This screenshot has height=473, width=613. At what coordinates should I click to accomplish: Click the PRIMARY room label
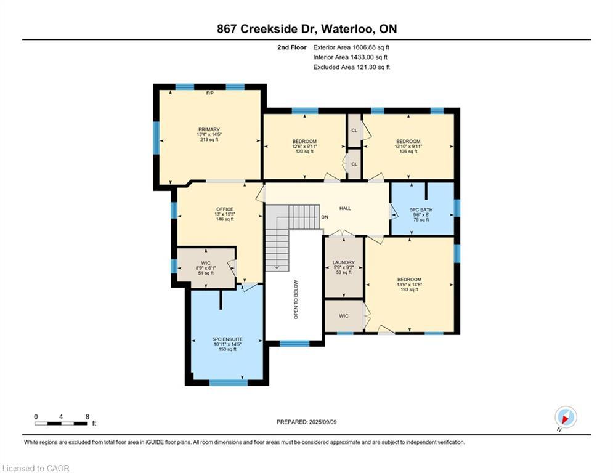[209, 129]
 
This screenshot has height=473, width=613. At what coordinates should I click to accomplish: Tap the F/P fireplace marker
[210, 93]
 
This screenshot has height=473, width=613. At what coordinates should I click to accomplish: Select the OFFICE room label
[225, 209]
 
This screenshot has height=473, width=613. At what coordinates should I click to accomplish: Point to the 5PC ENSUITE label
[227, 339]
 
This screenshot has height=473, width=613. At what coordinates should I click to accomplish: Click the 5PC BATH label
[421, 210]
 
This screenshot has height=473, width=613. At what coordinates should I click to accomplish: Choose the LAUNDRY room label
[344, 262]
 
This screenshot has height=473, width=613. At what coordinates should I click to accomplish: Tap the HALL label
[345, 208]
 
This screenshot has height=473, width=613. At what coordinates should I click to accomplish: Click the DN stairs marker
[325, 217]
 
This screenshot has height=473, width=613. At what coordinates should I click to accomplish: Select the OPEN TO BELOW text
[296, 299]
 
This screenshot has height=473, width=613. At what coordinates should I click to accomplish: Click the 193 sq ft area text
[409, 289]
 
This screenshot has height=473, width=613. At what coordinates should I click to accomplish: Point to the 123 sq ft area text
[304, 152]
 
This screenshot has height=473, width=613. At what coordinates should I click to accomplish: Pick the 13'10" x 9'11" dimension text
[408, 146]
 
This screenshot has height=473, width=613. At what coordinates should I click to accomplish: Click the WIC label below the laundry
[344, 316]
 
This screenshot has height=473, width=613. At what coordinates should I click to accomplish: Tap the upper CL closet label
[354, 130]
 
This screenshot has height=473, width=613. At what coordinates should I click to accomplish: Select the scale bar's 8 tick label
[87, 417]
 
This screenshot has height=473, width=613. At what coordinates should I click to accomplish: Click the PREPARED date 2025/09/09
[323, 422]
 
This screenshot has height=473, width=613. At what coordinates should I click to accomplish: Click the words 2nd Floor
[292, 47]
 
